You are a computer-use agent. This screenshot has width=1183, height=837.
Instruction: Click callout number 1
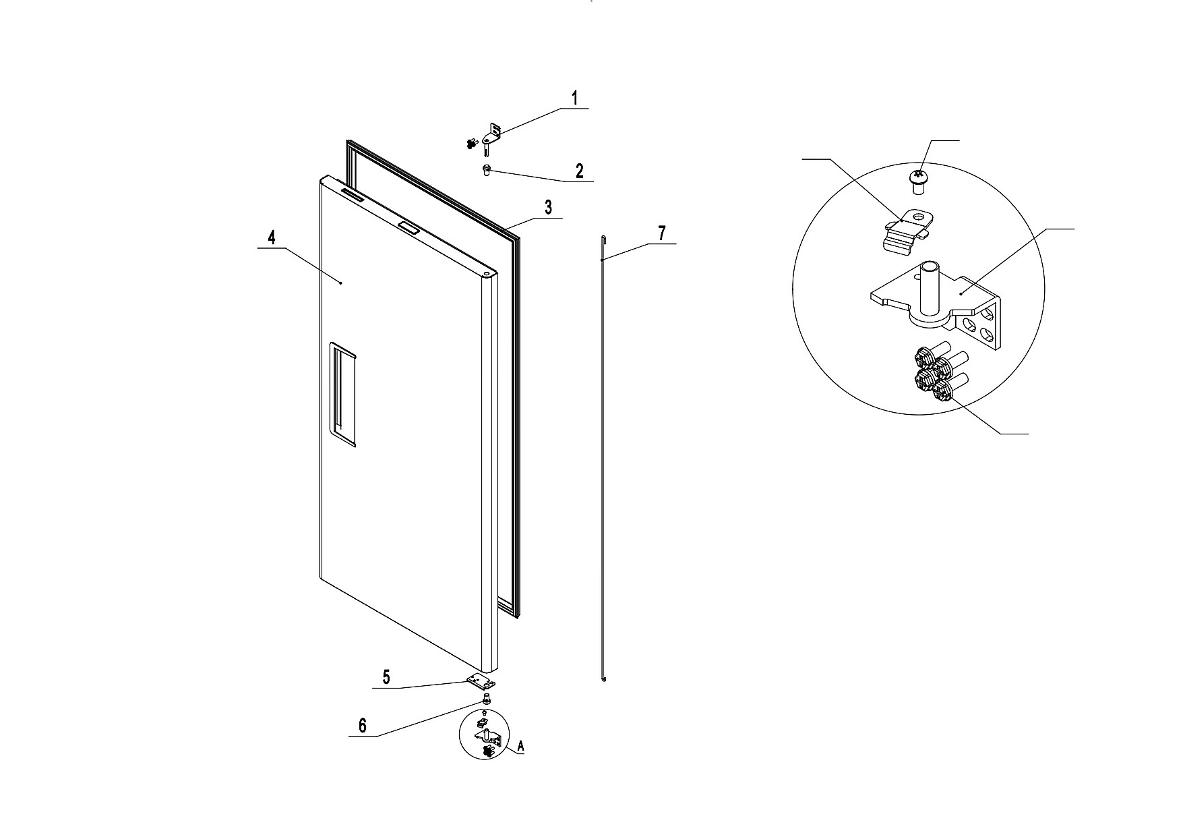pyautogui.click(x=575, y=98)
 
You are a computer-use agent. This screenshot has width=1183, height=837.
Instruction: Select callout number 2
pyautogui.click(x=579, y=171)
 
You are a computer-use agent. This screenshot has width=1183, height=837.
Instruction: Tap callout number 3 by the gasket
pyautogui.click(x=549, y=207)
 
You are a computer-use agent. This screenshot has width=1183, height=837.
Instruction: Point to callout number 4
pyautogui.click(x=272, y=237)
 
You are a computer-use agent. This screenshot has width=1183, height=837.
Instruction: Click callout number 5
pyautogui.click(x=386, y=677)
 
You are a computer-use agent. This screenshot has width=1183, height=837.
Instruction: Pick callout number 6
pyautogui.click(x=363, y=726)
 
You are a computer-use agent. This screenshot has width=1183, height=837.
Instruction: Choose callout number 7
pyautogui.click(x=662, y=233)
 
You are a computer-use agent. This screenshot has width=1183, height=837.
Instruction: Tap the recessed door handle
pyautogui.click(x=342, y=395)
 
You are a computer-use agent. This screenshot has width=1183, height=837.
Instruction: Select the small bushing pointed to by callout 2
pyautogui.click(x=486, y=170)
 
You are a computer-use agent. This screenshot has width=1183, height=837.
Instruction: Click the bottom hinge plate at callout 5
pyautogui.click(x=481, y=683)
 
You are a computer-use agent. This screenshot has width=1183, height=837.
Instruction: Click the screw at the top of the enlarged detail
pyautogui.click(x=917, y=181)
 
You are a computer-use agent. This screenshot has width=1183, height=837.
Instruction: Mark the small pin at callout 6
pyautogui.click(x=486, y=699)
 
